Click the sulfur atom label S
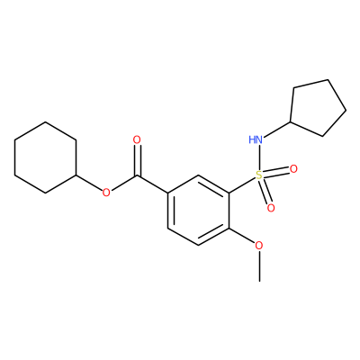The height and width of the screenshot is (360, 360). click(x=259, y=175)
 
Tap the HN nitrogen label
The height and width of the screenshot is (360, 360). click(x=256, y=139)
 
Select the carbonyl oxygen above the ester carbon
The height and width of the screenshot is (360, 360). click(x=137, y=139)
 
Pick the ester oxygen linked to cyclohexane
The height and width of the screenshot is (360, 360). click(x=106, y=193)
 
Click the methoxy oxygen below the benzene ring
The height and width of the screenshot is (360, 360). click(x=259, y=246)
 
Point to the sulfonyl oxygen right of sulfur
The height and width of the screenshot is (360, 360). click(x=293, y=169)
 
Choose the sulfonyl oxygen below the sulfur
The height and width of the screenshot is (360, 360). click(x=271, y=208)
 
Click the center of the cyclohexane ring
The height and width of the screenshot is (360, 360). click(x=45, y=157)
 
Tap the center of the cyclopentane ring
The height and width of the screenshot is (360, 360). click(x=318, y=109)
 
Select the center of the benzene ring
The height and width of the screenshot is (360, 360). click(x=198, y=210)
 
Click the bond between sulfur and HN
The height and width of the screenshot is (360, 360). click(x=259, y=157)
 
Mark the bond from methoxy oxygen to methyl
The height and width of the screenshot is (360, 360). click(x=259, y=266)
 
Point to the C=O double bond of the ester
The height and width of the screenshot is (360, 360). click(x=137, y=160)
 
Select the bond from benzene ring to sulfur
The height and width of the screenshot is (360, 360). click(x=242, y=184)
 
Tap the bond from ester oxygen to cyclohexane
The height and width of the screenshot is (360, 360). click(x=89, y=184)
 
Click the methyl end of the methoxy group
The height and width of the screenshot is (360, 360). click(x=259, y=282)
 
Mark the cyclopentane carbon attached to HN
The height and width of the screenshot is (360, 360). click(x=291, y=121)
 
